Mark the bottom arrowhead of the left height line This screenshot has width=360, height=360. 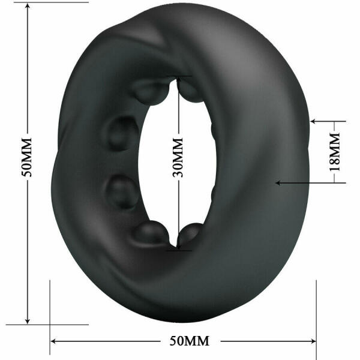pos(28,321)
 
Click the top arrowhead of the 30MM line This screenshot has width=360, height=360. pos(178,80)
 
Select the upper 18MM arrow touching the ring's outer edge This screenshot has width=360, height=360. pos(314,121)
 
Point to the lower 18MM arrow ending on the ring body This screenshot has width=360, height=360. pos(277,181)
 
